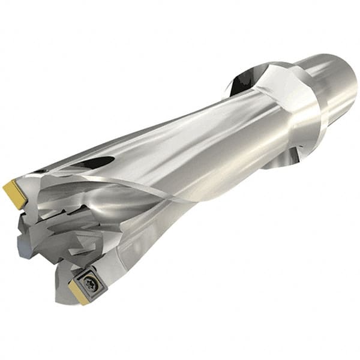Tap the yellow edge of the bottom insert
(78, 292)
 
